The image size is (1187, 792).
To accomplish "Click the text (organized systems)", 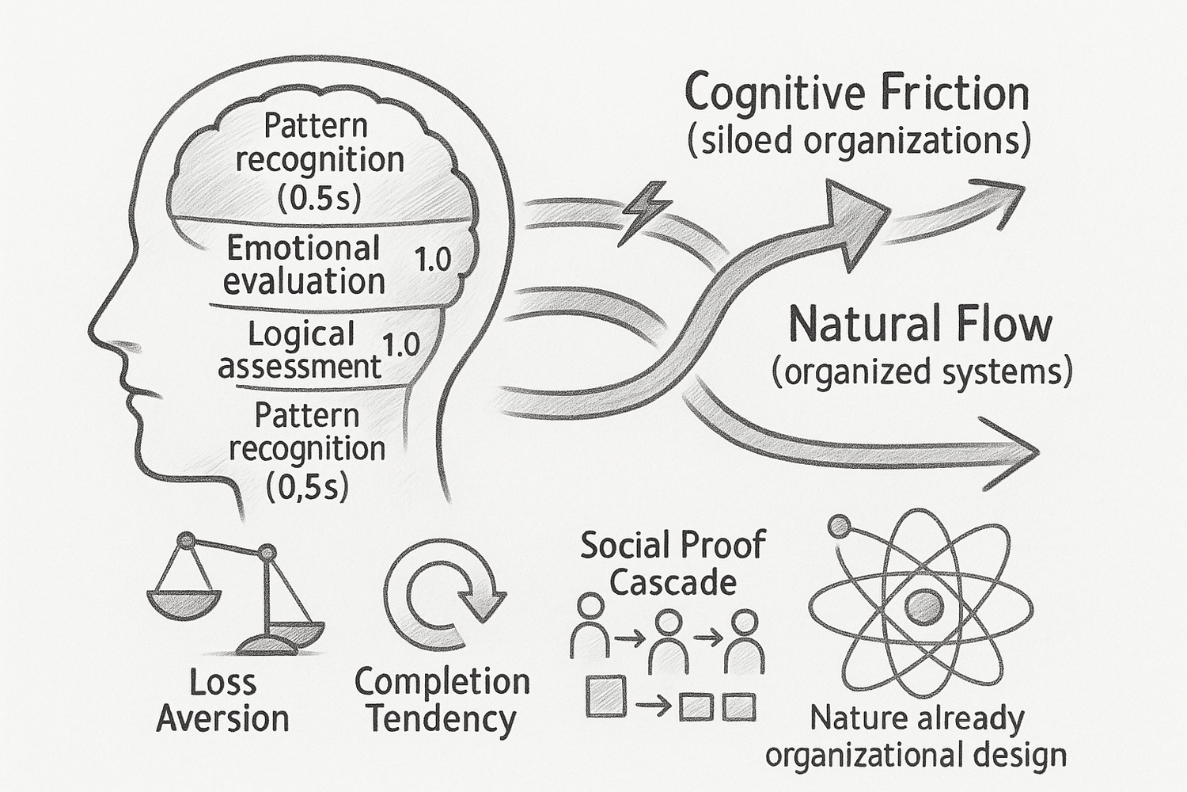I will [x=922, y=371].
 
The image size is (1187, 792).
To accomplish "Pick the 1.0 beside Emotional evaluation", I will [x=433, y=260].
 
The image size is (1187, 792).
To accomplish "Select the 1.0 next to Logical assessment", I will [x=400, y=345].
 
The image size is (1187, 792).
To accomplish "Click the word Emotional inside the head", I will [x=304, y=248].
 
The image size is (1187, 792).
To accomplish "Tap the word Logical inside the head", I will [x=301, y=333].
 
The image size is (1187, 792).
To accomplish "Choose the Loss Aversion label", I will [x=222, y=700].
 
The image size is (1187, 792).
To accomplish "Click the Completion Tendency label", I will [x=442, y=700].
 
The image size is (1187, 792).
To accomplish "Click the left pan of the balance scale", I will [x=181, y=604].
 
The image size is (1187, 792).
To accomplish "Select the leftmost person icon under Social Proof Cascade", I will [x=590, y=626].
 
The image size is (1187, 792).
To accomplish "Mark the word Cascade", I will [x=673, y=583].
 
